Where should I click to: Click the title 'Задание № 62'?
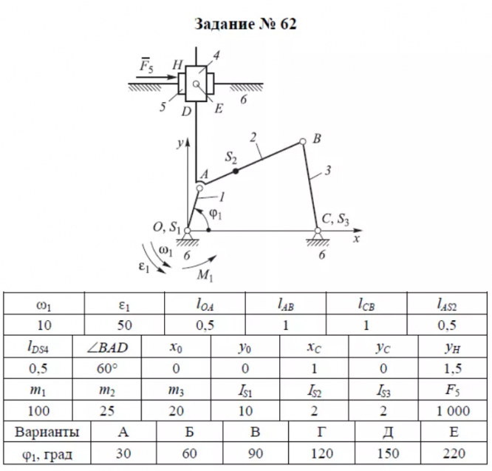[x=245, y=24]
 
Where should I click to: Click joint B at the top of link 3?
[x=302, y=142]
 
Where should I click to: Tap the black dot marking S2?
[x=236, y=171]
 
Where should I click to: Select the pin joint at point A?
[x=198, y=186]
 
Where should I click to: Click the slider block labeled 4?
[x=196, y=86]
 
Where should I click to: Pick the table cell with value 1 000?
[x=449, y=410]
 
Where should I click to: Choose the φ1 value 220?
[x=449, y=452]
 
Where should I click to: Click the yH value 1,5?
[x=449, y=367]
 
